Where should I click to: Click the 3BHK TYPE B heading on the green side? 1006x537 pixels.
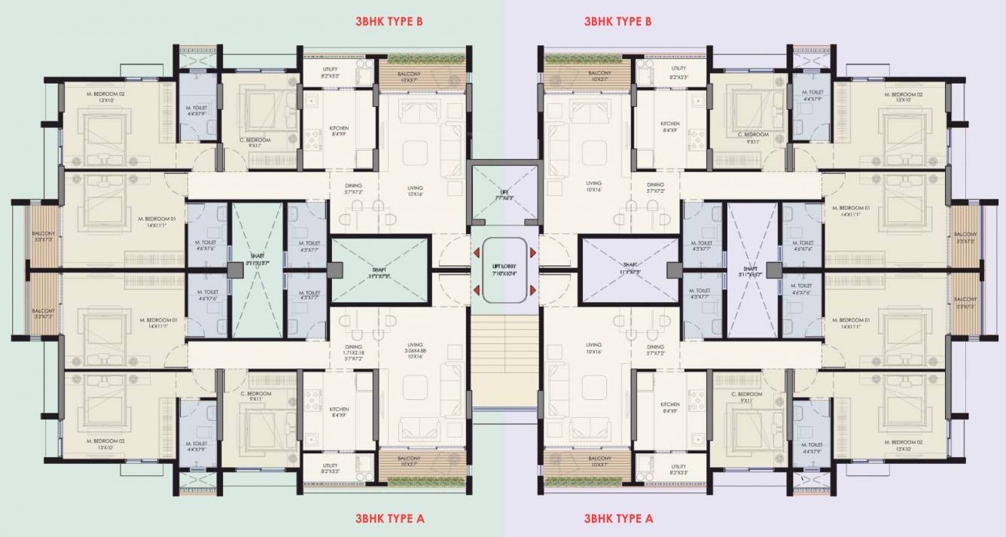click(x=389, y=21)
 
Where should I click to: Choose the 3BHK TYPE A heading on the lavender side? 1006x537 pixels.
click(x=618, y=518)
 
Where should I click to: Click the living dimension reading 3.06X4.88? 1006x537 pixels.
click(x=415, y=352)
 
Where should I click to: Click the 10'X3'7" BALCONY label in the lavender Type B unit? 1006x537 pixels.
click(x=600, y=75)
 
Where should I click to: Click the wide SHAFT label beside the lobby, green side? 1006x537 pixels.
click(x=380, y=272)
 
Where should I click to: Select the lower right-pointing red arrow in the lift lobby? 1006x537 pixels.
click(x=532, y=290)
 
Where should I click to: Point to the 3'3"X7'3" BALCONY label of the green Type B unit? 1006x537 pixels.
click(x=43, y=236)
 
